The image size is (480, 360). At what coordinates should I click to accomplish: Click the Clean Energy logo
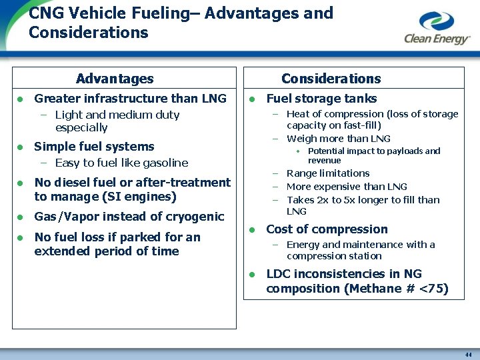coord(437,29)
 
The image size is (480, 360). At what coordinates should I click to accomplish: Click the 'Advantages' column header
coord(115,79)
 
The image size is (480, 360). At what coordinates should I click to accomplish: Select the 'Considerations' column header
coord(331,79)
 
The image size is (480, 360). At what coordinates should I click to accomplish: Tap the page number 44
coord(468,355)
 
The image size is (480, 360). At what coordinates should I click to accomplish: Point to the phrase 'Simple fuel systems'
coord(94,147)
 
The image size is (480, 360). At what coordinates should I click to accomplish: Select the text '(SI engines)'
coord(145,197)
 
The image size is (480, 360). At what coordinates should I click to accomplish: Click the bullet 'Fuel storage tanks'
coord(321,99)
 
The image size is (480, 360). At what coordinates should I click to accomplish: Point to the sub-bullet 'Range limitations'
coord(328,173)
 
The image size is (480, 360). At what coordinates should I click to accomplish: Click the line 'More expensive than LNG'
coord(347,187)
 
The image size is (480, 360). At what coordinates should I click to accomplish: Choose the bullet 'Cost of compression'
coord(327,229)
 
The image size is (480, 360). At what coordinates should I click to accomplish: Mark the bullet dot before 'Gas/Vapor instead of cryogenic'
coord(21,217)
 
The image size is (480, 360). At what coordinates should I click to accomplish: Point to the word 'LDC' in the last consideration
coord(278,274)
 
